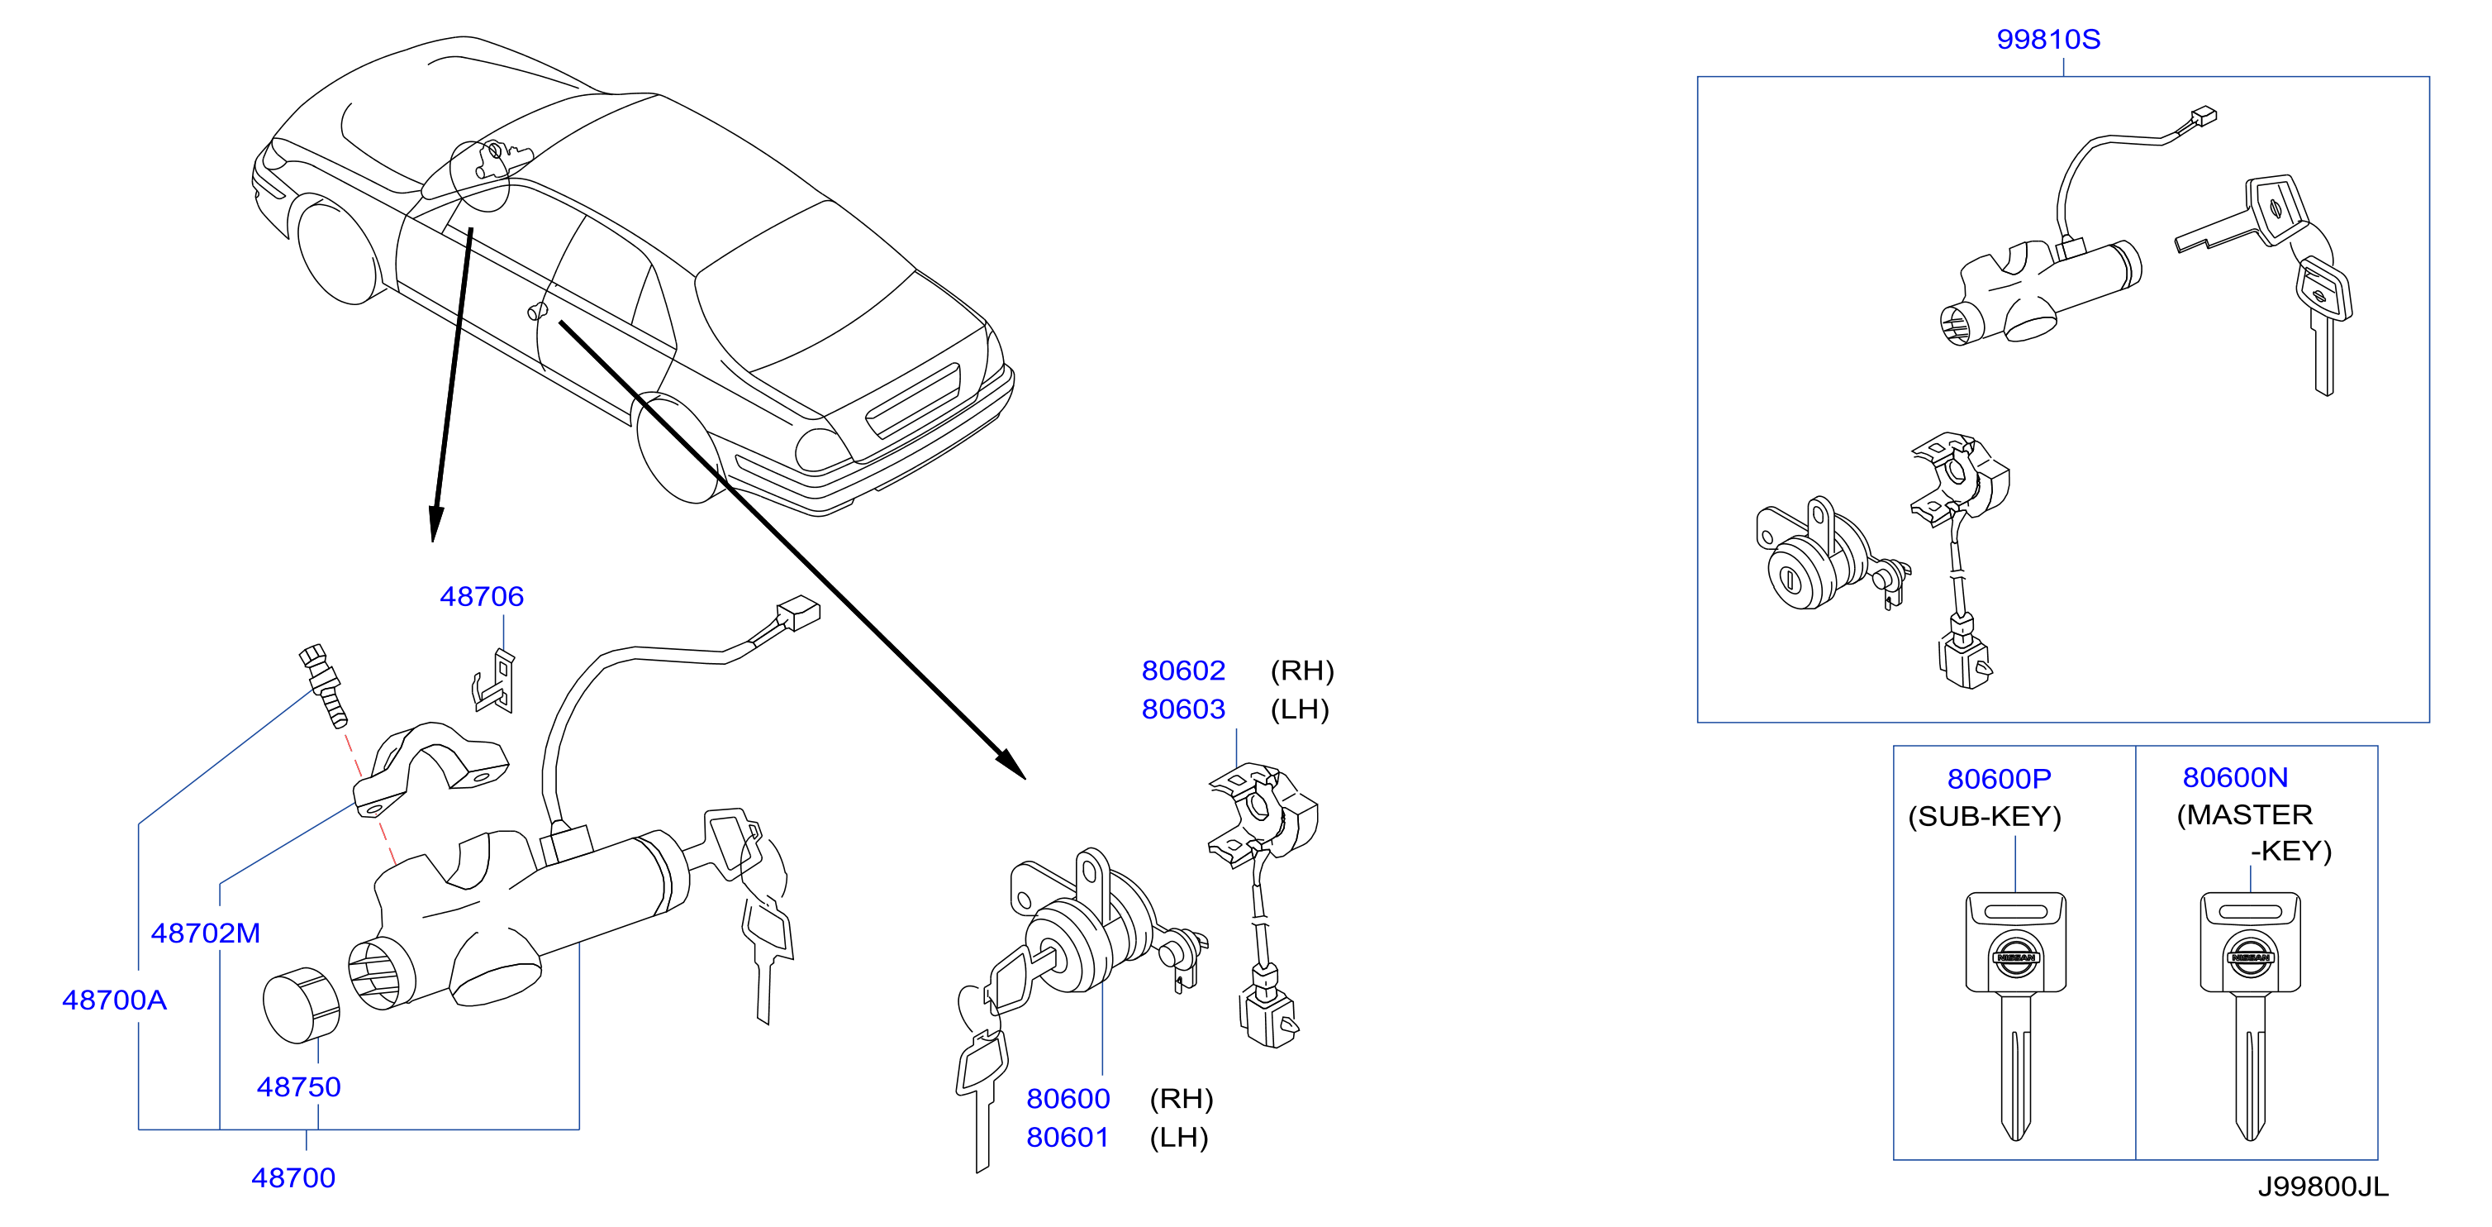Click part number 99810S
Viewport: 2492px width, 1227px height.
pyautogui.click(x=2048, y=40)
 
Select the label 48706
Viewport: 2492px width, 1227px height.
pyautogui.click(x=482, y=596)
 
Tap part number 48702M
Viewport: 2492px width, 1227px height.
pyautogui.click(x=206, y=933)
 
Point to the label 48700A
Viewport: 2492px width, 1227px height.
pyautogui.click(x=114, y=1000)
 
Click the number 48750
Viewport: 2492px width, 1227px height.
pyautogui.click(x=299, y=1086)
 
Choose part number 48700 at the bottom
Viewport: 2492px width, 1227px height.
pyautogui.click(x=293, y=1177)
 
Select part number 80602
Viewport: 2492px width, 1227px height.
pyautogui.click(x=1183, y=671)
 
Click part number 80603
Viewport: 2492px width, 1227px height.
pyautogui.click(x=1183, y=709)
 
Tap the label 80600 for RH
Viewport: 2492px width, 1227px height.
pyautogui.click(x=1068, y=1098)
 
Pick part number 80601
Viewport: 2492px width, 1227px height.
pyautogui.click(x=1068, y=1137)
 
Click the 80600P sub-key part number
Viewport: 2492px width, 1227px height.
pyautogui.click(x=1999, y=779)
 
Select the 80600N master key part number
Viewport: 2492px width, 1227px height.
pyautogui.click(x=2235, y=777)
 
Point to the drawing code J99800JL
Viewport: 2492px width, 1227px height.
pyautogui.click(x=2323, y=1186)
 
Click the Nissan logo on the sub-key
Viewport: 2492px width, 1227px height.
pyautogui.click(x=2016, y=957)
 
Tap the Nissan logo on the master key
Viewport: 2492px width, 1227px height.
pyautogui.click(x=2250, y=957)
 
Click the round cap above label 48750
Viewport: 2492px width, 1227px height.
pyautogui.click(x=301, y=1005)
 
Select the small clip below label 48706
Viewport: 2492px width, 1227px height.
pyautogui.click(x=495, y=681)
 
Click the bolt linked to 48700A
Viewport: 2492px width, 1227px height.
pyautogui.click(x=323, y=684)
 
